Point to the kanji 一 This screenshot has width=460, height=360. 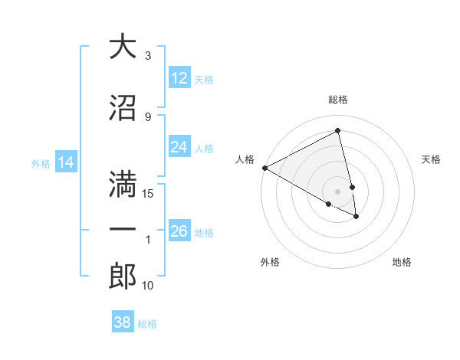[x=123, y=231]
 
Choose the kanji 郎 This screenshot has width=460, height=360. [x=123, y=277]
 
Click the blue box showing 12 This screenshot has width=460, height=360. [x=179, y=78]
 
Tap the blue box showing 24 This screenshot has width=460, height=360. [x=179, y=147]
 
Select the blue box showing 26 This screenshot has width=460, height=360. [x=179, y=231]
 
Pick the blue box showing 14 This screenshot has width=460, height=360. [x=66, y=162]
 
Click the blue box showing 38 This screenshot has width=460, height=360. [x=122, y=322]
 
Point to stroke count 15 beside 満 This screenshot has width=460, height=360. [x=149, y=193]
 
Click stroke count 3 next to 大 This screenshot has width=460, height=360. [x=148, y=56]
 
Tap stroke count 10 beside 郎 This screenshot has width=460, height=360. [x=148, y=286]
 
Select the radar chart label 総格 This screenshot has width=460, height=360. [x=338, y=100]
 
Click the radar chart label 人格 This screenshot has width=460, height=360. [x=245, y=159]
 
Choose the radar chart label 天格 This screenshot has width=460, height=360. [x=431, y=159]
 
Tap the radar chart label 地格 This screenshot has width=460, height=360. [x=402, y=262]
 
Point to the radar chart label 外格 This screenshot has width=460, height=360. [x=270, y=262]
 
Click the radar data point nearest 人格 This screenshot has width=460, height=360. [x=264, y=168]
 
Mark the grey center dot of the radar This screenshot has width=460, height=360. [x=338, y=191]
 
